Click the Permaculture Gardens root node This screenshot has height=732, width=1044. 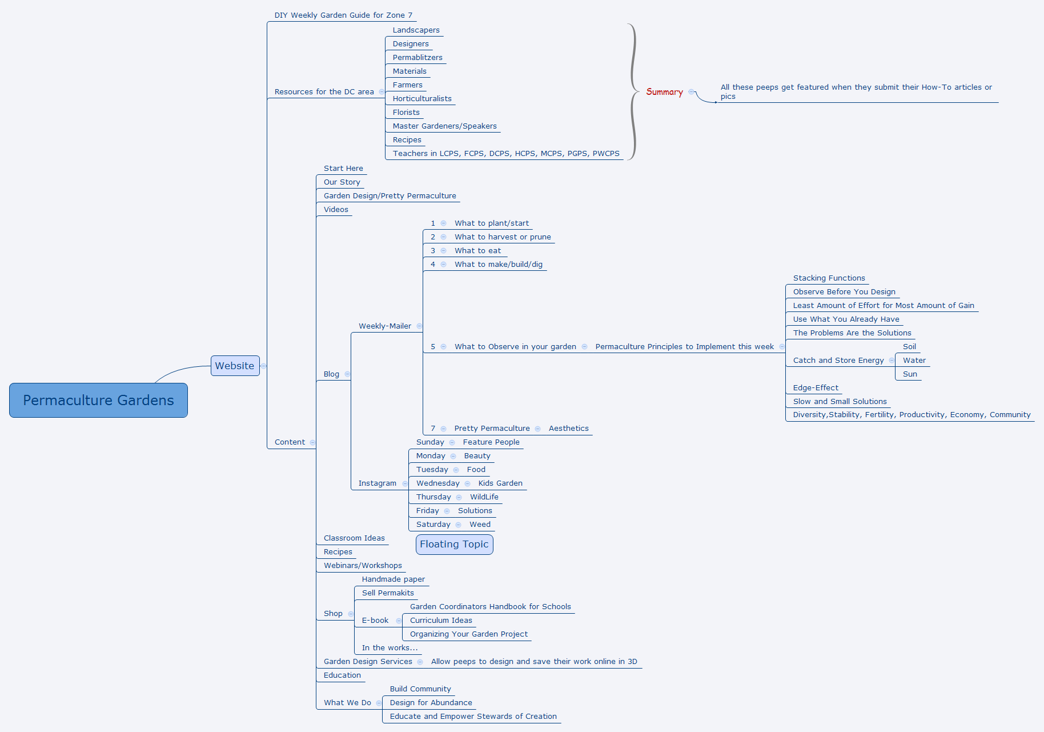98,400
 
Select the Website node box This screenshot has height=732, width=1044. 235,366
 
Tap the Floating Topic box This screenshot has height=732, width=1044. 454,544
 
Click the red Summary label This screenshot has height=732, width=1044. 664,91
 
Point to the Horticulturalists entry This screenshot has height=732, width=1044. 421,98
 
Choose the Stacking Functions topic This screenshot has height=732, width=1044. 829,278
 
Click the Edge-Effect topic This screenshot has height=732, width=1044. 816,387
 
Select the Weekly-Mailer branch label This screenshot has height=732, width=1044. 384,326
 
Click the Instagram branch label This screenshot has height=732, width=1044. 377,483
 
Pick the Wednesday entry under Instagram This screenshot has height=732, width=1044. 437,483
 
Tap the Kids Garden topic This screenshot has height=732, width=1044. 500,483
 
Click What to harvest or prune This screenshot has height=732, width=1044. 503,237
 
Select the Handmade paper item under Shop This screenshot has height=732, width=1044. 393,579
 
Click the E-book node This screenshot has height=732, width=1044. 375,620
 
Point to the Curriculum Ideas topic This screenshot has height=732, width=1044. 441,620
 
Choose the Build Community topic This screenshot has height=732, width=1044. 420,689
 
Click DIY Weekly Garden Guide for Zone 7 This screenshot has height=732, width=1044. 343,15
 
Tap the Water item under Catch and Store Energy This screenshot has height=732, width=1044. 914,360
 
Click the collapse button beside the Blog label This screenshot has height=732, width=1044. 347,374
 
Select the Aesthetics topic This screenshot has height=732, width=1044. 568,428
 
